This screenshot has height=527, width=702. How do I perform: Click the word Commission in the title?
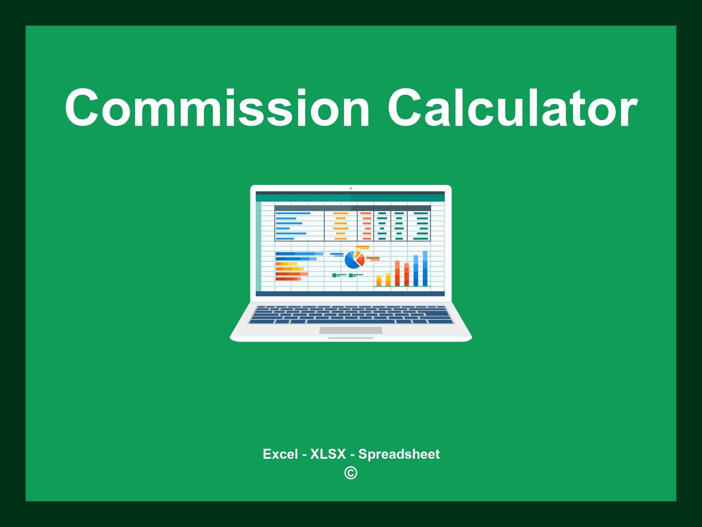click(217, 108)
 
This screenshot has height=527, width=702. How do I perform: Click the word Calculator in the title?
click(512, 108)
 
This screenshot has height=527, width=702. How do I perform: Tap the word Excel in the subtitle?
click(280, 454)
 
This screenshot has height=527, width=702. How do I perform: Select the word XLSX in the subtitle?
click(328, 454)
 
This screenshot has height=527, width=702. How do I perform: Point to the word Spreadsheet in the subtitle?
click(399, 454)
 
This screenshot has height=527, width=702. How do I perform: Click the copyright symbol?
click(351, 473)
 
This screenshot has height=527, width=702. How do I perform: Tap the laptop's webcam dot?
click(351, 188)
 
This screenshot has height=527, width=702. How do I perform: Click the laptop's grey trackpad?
click(351, 330)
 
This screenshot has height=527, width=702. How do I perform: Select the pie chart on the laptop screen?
click(354, 260)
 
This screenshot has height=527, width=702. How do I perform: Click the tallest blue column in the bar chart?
click(425, 268)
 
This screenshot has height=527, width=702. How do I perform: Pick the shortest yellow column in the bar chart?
click(379, 280)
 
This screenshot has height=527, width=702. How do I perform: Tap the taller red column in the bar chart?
click(397, 273)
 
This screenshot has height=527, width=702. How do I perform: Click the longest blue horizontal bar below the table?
click(299, 254)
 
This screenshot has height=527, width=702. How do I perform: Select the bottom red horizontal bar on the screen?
click(288, 279)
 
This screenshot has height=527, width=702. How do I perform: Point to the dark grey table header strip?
click(352, 208)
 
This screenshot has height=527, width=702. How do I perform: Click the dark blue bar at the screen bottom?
click(350, 294)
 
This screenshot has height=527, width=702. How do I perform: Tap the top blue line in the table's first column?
click(293, 213)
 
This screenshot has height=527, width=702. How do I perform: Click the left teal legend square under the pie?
click(334, 275)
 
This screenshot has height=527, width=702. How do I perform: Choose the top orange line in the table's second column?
click(340, 213)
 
